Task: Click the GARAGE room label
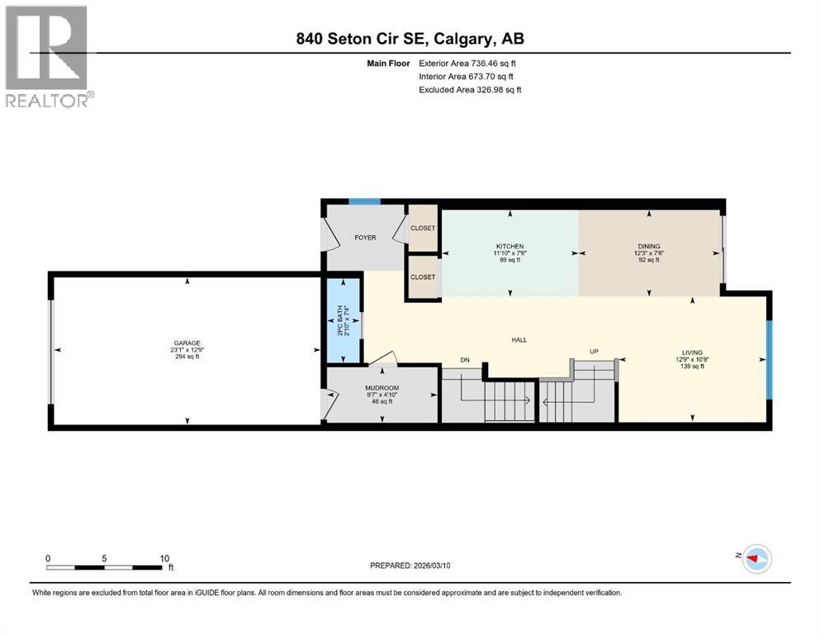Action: point(187,343)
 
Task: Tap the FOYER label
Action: point(365,238)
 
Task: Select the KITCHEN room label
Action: point(510,246)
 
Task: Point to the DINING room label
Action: point(647,246)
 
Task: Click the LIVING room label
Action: point(692,352)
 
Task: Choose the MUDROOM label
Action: point(382,388)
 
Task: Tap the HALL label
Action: point(519,339)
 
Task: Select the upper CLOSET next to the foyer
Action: point(423,228)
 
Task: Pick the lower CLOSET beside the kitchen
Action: point(423,277)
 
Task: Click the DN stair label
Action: point(466,360)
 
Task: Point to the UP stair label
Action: point(593,352)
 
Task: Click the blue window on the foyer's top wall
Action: point(363,201)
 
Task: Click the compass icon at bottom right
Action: point(755,559)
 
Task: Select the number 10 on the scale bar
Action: point(164,558)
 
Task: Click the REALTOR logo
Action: point(49,56)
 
